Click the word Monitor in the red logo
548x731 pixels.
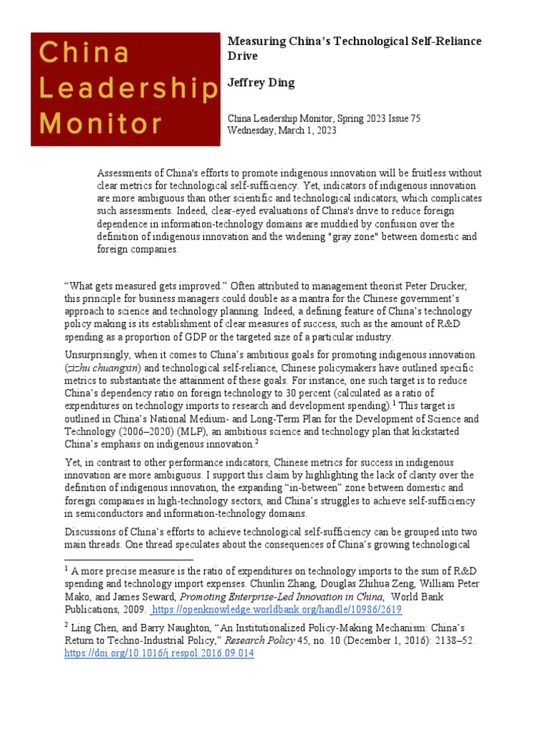101,123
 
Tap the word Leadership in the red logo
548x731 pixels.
128,88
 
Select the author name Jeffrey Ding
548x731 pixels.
260,83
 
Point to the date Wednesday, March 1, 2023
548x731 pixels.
282,131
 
